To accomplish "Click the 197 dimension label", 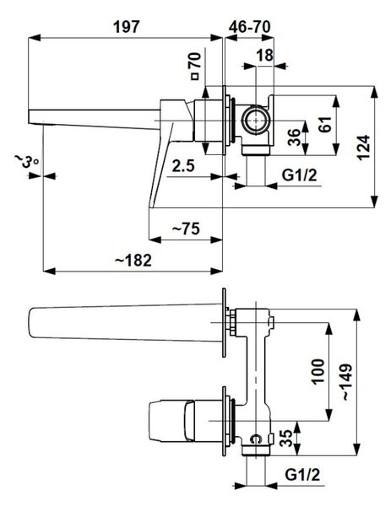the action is point(127,26).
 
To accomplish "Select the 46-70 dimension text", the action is point(249,26).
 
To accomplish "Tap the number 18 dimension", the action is point(265,55).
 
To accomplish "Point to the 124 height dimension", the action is point(364,147).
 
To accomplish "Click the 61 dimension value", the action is point(325,124).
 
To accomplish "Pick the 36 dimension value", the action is point(294,137).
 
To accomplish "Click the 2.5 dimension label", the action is point(183,166).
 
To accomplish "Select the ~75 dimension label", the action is point(186,229).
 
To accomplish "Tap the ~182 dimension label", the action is point(133,260).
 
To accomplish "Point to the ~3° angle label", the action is point(26,160).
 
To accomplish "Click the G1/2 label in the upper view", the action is point(299,175).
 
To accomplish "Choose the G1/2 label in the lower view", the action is point(302,475).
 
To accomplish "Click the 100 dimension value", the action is point(318,371).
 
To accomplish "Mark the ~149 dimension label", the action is point(347,382).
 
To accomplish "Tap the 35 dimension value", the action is point(286,438).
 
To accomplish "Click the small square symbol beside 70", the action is point(194,77).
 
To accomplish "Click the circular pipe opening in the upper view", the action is point(256,121).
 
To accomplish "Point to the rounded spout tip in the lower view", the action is point(31,323).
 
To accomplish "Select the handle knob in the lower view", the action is point(171,421).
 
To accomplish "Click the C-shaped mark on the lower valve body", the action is point(255,439).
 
